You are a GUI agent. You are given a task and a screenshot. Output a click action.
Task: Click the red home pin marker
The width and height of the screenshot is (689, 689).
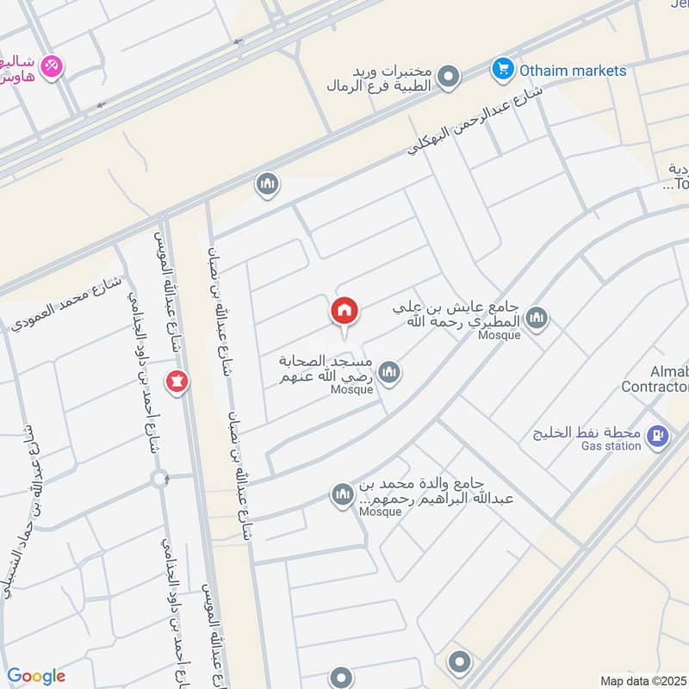344,312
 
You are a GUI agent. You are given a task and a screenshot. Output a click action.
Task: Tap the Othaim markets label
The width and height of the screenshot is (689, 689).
572,70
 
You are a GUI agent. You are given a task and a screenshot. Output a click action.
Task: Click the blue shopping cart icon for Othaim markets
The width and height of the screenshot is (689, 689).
502,69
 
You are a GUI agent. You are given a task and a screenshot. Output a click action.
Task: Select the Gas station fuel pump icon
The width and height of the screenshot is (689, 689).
659,438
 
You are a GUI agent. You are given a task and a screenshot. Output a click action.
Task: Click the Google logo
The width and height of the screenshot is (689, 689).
36,676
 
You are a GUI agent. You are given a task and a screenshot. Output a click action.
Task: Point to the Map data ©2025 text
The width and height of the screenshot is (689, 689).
642,680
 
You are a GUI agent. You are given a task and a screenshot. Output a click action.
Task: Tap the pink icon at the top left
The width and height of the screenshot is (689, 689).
52,66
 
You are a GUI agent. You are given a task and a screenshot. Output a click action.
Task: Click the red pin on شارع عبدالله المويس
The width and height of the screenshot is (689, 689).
177,381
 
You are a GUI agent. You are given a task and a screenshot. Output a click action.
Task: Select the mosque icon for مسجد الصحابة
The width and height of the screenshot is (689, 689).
389,372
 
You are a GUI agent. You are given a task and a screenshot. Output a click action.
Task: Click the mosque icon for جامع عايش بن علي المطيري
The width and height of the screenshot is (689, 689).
537,320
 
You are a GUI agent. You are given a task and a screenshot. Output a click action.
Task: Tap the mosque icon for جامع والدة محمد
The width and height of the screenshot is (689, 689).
342,495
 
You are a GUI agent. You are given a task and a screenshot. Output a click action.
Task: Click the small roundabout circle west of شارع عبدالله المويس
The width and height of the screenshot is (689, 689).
159,478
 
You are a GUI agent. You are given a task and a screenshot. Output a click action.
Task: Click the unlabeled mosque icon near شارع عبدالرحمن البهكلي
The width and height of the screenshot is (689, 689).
267,183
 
